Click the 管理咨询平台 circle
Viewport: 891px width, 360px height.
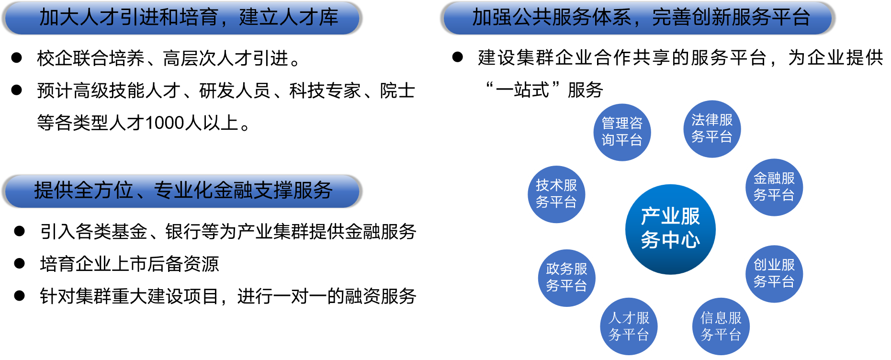point(622,132)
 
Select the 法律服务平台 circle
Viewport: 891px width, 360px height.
point(712,129)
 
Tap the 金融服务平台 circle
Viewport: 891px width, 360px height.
point(774,187)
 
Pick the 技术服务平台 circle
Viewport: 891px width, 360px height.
point(556,194)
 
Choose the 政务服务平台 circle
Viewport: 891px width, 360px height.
point(567,278)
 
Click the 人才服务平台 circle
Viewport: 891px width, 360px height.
point(629,326)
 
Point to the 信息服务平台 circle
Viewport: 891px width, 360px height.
point(721,326)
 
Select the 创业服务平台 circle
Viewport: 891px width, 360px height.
point(774,273)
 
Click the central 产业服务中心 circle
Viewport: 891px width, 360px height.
point(670,229)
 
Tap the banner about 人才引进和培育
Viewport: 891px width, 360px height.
point(182,18)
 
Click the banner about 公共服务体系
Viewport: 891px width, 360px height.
point(637,18)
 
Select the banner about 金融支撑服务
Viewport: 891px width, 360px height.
point(182,191)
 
